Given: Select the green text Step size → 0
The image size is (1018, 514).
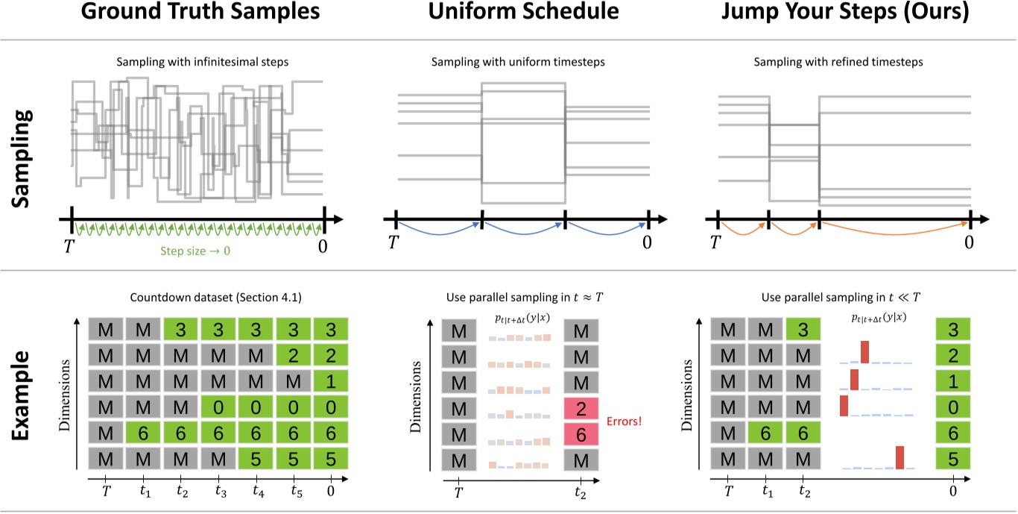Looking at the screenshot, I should (x=196, y=251).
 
